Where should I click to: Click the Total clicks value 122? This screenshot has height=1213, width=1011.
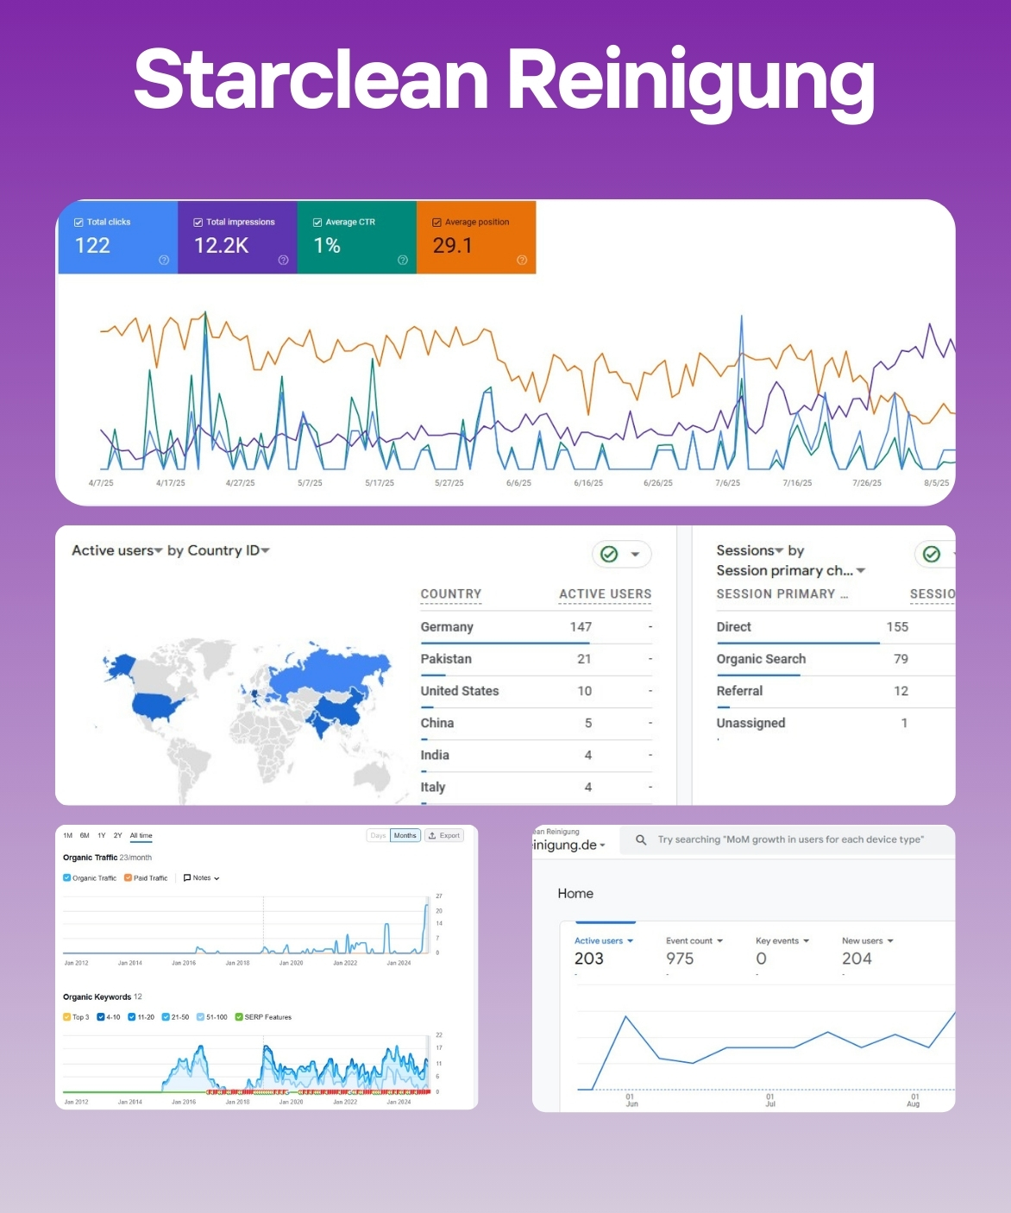92,246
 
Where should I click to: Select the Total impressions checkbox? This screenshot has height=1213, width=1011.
198,223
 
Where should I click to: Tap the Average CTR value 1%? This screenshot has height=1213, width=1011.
327,246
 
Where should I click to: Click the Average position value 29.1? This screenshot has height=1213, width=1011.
452,246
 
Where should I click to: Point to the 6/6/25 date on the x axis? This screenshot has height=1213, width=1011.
518,483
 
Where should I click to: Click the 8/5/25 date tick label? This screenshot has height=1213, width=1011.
936,483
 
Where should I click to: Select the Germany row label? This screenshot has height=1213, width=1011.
447,627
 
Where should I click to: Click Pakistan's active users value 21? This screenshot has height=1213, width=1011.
584,659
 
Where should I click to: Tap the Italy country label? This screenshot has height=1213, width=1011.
433,787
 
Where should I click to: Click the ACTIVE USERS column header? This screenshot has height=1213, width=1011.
605,594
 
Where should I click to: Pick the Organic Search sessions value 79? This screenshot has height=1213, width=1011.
901,659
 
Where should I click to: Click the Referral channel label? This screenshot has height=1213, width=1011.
739,691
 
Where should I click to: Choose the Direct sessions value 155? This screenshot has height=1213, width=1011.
897,627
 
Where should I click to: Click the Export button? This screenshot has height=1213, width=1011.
445,835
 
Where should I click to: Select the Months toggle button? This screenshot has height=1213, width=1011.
405,835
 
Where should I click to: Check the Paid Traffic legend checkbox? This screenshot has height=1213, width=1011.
128,878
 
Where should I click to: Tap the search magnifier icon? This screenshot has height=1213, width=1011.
641,839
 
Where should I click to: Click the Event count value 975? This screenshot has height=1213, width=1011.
680,958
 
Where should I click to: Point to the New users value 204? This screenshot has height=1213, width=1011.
857,958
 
